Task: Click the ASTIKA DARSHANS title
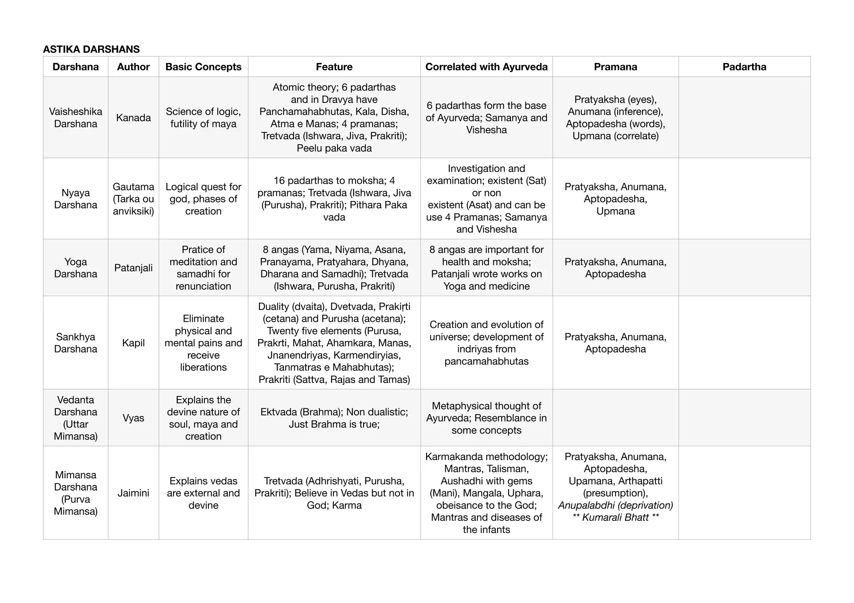click(91, 49)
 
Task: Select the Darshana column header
click(75, 67)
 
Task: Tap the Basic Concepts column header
click(203, 67)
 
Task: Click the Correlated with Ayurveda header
click(486, 67)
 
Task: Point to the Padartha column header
click(744, 67)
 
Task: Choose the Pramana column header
click(615, 67)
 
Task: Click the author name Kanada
click(133, 118)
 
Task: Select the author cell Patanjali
click(133, 268)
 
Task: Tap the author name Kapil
click(133, 343)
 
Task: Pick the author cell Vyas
click(133, 418)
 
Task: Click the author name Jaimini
click(133, 493)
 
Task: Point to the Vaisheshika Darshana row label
click(75, 118)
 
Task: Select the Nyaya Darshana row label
click(75, 199)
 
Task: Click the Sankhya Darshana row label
click(75, 343)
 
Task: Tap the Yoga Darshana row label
click(75, 268)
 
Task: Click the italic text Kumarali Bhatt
click(615, 517)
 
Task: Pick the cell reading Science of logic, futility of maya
click(203, 118)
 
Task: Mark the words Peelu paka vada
click(334, 148)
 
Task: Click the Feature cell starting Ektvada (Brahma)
click(334, 418)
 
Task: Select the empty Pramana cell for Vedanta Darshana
click(615, 418)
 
